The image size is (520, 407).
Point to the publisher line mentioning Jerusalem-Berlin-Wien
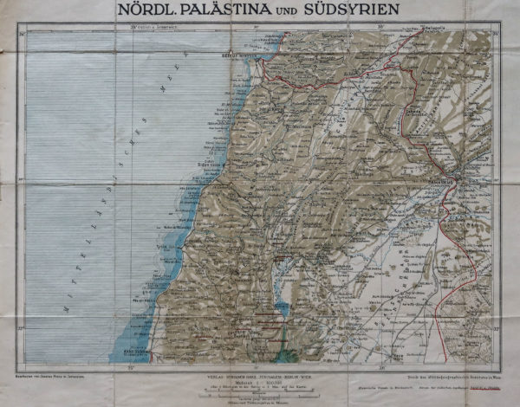[260, 371]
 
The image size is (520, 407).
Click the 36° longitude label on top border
[382, 29]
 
